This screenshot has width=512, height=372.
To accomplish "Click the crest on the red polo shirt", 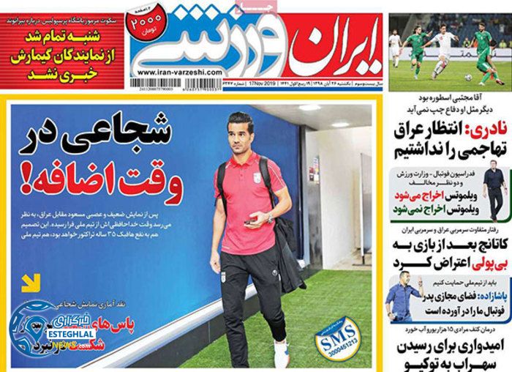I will pyautogui.click(x=257, y=178).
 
